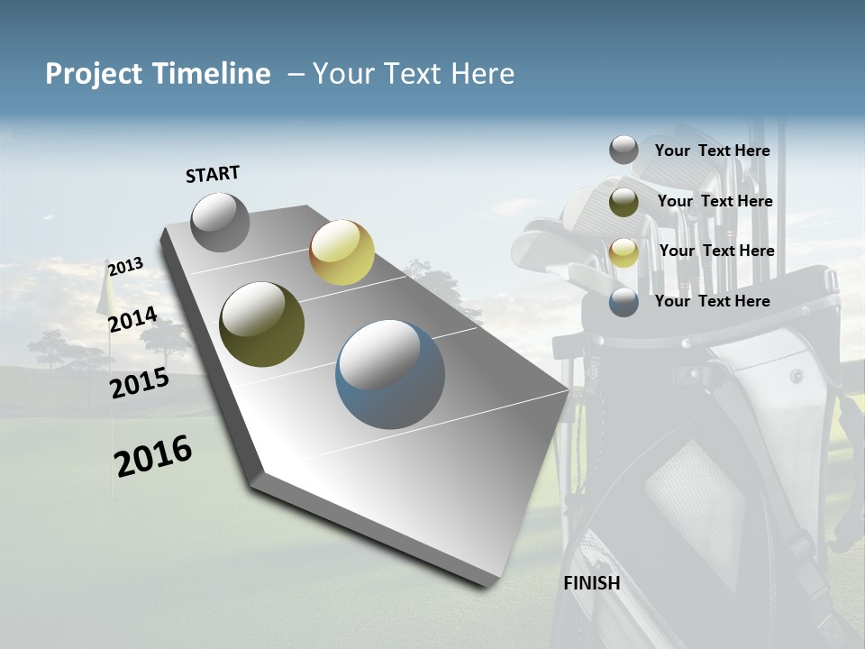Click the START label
[213, 174]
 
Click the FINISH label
[592, 583]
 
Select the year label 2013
[125, 267]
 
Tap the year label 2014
[132, 319]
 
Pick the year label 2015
[140, 383]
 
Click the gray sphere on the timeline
[220, 222]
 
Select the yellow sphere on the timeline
[341, 252]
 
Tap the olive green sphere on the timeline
[261, 324]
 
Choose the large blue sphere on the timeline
[390, 374]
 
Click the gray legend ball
[624, 150]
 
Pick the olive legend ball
[624, 202]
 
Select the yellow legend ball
[624, 252]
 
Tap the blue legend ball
[624, 302]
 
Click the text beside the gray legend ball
[712, 151]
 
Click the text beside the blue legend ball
[712, 301]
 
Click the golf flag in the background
[105, 294]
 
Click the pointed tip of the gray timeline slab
[569, 390]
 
